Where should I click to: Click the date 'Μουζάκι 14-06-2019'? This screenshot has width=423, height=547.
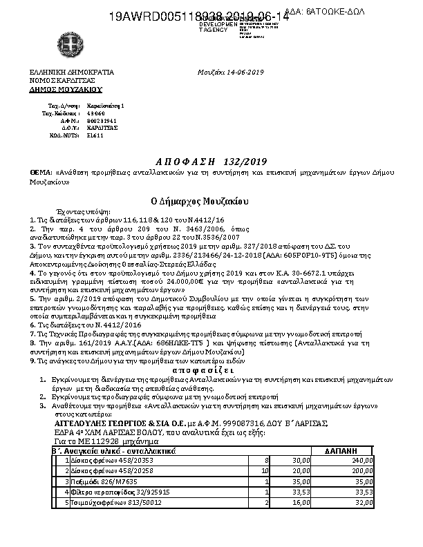tap(230, 72)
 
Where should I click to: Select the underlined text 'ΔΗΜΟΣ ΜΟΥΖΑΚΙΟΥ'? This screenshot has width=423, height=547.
tap(65, 89)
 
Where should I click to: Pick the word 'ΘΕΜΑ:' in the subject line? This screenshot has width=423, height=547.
tap(40, 171)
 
